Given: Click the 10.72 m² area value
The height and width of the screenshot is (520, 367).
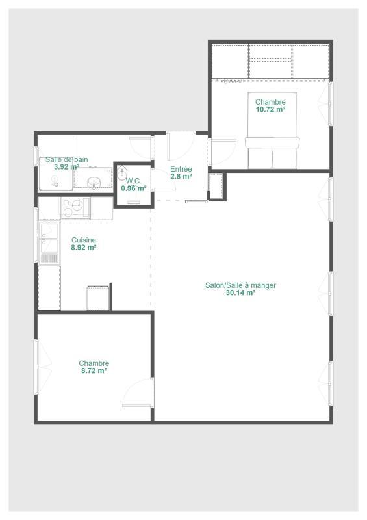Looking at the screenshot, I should [270, 110].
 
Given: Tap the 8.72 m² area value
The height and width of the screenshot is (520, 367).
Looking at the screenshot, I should [93, 371].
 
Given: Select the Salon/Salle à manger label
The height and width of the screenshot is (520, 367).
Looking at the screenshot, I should [240, 285].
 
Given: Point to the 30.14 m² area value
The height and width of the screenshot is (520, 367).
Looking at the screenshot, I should [240, 293].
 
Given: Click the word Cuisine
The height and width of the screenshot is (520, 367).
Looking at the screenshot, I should [83, 240].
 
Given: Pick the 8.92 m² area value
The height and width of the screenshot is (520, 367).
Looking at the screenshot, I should [83, 248].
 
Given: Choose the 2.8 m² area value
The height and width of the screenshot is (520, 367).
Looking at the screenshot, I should [181, 176].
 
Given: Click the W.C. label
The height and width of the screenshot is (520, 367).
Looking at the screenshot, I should [134, 181].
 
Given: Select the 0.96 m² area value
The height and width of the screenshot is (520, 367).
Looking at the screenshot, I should [134, 188].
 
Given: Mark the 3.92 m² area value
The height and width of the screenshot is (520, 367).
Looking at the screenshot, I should [66, 167].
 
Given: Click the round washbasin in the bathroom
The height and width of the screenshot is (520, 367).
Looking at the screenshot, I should [95, 182].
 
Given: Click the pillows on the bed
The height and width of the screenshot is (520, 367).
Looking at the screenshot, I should [272, 144].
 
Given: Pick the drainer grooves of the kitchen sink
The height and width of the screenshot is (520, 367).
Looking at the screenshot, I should [49, 257].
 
